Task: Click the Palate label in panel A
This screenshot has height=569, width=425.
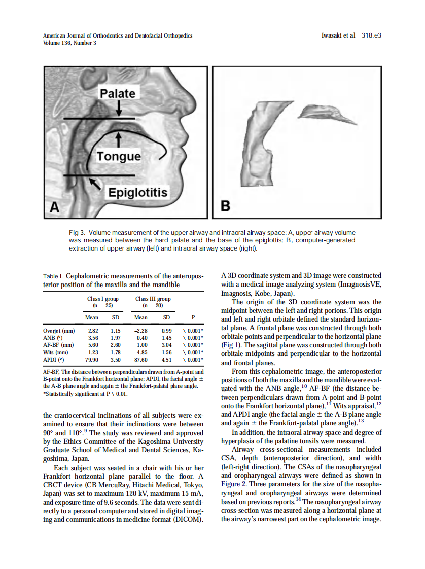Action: (117, 93)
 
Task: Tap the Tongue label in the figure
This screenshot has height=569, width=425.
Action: (119, 156)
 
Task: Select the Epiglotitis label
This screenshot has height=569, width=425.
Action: (136, 193)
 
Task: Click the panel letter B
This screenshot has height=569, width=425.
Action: (225, 206)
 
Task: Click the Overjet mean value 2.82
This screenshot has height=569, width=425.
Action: (93, 331)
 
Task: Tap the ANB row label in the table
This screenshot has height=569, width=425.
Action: (53, 338)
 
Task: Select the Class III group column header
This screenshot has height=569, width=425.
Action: (153, 302)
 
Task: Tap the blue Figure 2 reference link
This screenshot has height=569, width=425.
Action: (234, 484)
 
